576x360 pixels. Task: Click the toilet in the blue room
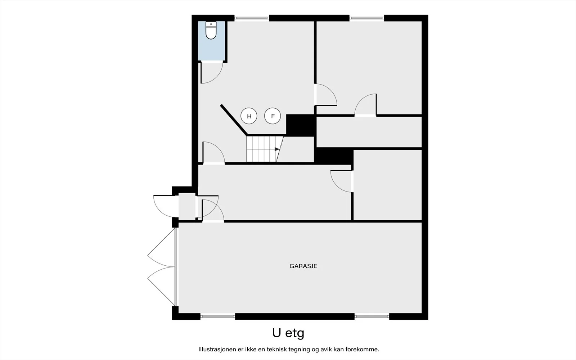pos(211,30)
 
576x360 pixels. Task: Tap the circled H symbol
pos(249,116)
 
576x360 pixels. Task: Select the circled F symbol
pos(273,116)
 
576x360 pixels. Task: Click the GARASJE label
pos(303,266)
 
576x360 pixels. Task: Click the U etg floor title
pos(288,333)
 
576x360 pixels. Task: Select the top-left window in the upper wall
pos(252,18)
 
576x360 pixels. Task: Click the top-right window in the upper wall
pos(367,18)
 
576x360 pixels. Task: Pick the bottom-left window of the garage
pos(218,316)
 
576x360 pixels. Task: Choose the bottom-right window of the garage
pos(372,316)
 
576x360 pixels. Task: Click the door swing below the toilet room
pos(218,77)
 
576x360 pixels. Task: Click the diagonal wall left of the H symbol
pos(234,120)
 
